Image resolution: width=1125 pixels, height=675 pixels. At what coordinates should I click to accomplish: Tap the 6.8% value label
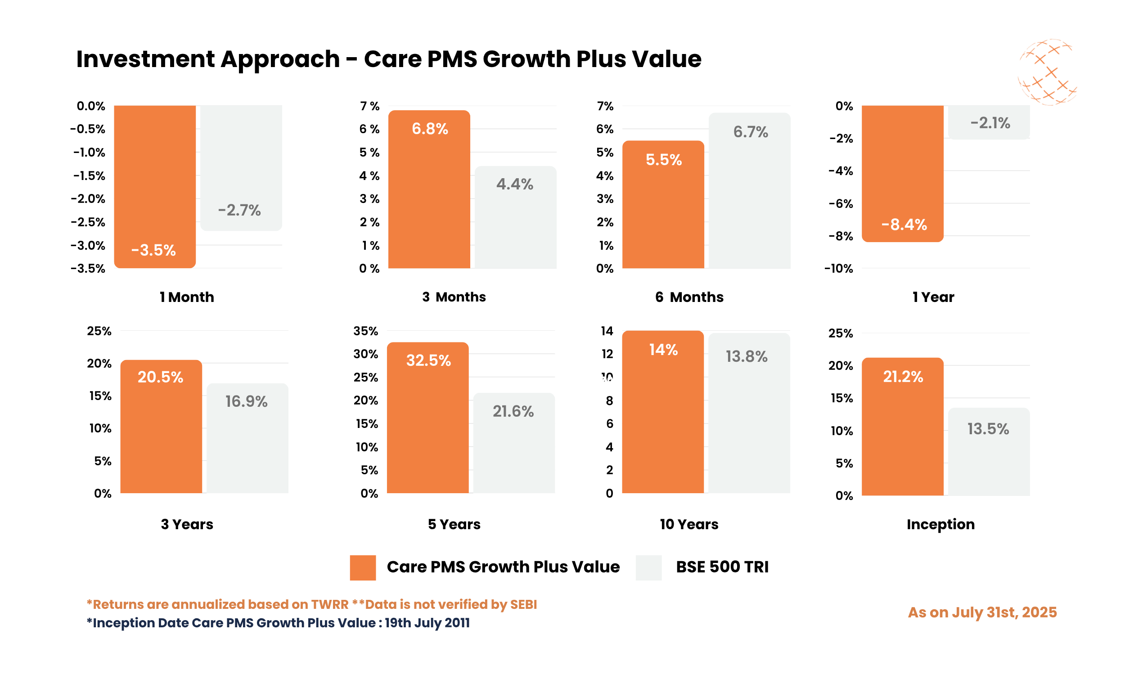(430, 129)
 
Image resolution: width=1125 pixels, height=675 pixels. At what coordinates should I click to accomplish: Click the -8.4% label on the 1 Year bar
(904, 225)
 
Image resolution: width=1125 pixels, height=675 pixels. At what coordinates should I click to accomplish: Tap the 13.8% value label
(746, 356)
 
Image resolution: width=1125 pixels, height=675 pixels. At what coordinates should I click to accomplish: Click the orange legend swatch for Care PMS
(362, 567)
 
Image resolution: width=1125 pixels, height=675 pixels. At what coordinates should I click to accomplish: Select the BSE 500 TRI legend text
(722, 567)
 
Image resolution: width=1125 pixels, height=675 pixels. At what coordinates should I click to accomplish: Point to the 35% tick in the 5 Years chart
(365, 331)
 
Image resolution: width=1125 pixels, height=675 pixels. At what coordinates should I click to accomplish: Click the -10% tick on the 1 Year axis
(838, 269)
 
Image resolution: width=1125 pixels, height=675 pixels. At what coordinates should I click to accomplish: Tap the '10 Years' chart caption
(689, 524)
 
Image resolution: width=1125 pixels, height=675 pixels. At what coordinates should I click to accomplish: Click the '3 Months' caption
(454, 297)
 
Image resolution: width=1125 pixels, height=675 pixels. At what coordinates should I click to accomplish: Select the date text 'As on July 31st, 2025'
(982, 612)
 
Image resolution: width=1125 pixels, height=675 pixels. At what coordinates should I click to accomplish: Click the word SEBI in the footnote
(523, 604)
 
